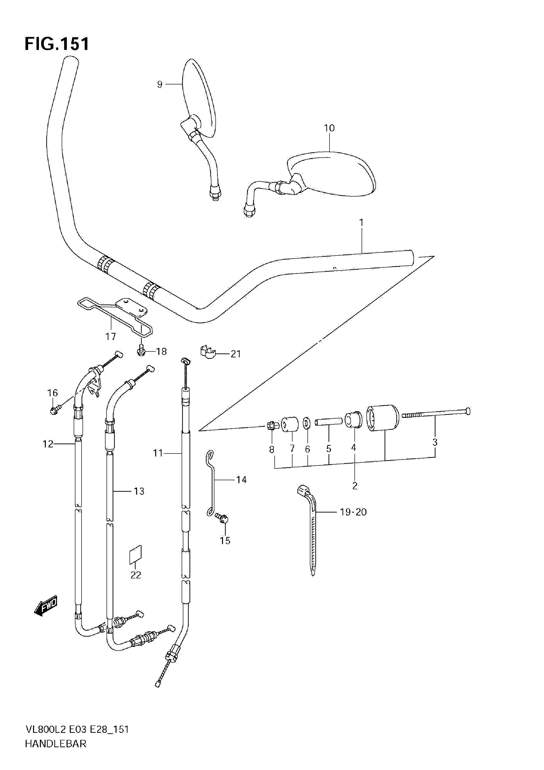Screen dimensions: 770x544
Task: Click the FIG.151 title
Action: pyautogui.click(x=57, y=44)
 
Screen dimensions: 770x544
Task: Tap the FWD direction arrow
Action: pyautogui.click(x=46, y=606)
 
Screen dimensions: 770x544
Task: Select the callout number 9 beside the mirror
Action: pyautogui.click(x=160, y=84)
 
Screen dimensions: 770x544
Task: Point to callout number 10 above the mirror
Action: pyautogui.click(x=329, y=128)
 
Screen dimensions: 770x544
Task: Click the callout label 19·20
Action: pyautogui.click(x=353, y=512)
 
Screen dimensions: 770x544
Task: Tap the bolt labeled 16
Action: pyautogui.click(x=54, y=410)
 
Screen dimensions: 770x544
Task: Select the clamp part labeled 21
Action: pyautogui.click(x=208, y=352)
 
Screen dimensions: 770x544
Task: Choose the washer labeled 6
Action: pyautogui.click(x=306, y=423)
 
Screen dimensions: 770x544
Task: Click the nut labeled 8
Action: pyautogui.click(x=272, y=426)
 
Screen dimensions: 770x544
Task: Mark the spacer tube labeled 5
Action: pyautogui.click(x=329, y=420)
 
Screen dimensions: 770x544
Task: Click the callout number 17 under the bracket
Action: pyautogui.click(x=110, y=336)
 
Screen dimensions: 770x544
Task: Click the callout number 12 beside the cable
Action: pyautogui.click(x=48, y=444)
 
